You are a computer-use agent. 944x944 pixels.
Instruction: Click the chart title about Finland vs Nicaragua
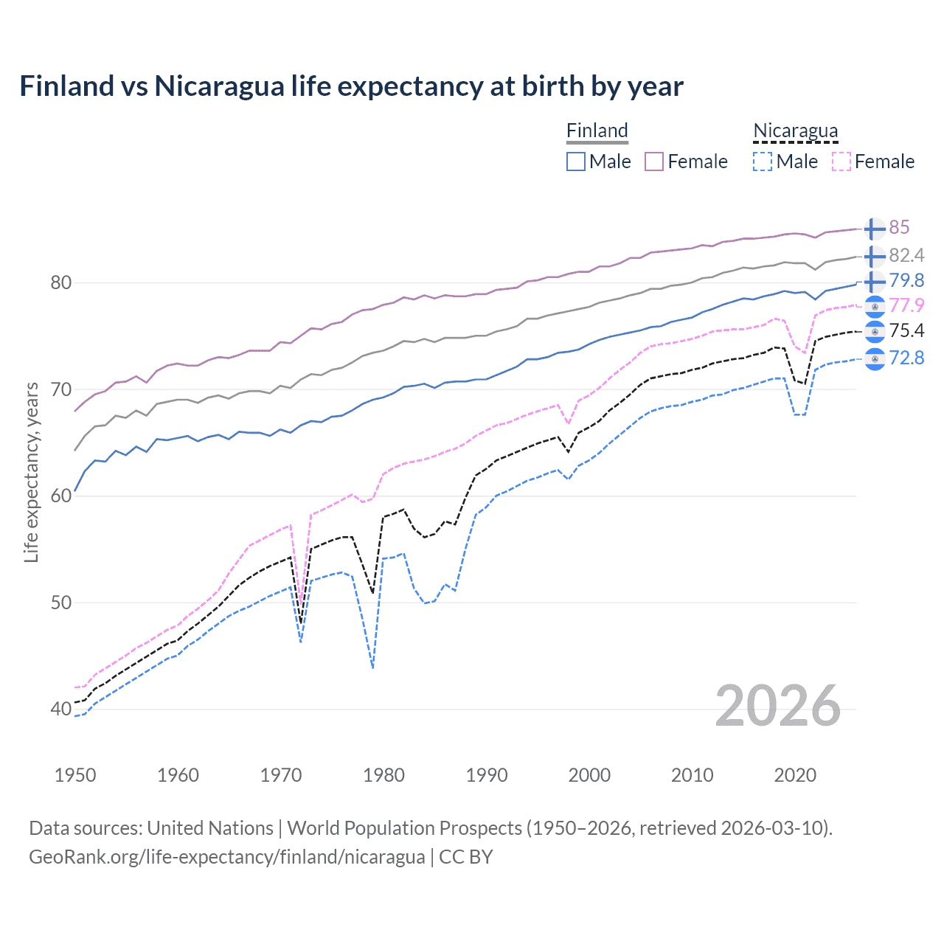[x=351, y=86]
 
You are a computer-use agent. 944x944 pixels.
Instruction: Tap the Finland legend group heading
[x=597, y=131]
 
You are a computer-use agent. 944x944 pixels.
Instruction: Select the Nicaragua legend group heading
[x=795, y=131]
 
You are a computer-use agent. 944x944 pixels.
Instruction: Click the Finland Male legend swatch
[x=576, y=162]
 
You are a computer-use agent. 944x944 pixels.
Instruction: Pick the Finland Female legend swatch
[x=654, y=162]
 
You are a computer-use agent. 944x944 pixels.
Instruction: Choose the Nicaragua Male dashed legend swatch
[x=763, y=162]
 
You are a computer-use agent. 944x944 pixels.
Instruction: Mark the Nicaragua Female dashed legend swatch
[x=841, y=162]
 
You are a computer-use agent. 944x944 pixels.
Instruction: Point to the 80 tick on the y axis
[x=60, y=282]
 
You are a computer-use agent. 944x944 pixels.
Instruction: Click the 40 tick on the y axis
[x=60, y=709]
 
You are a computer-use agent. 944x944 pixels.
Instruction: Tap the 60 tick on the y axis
[x=60, y=496]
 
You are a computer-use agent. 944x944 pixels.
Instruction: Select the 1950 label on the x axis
[x=75, y=775]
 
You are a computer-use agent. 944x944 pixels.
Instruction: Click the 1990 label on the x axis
[x=487, y=775]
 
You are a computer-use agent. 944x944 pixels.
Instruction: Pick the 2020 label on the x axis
[x=795, y=775]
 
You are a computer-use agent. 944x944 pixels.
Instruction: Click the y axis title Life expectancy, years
[x=31, y=473]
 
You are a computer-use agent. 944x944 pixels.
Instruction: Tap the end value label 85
[x=899, y=228]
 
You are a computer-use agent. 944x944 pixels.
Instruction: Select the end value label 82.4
[x=906, y=255]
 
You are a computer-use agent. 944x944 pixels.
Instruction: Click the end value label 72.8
[x=906, y=358]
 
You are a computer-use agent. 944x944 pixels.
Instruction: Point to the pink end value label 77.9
[x=906, y=305]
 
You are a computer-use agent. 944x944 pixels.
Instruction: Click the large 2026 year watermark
[x=777, y=706]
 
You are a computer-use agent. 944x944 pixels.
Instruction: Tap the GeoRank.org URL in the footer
[x=226, y=857]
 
